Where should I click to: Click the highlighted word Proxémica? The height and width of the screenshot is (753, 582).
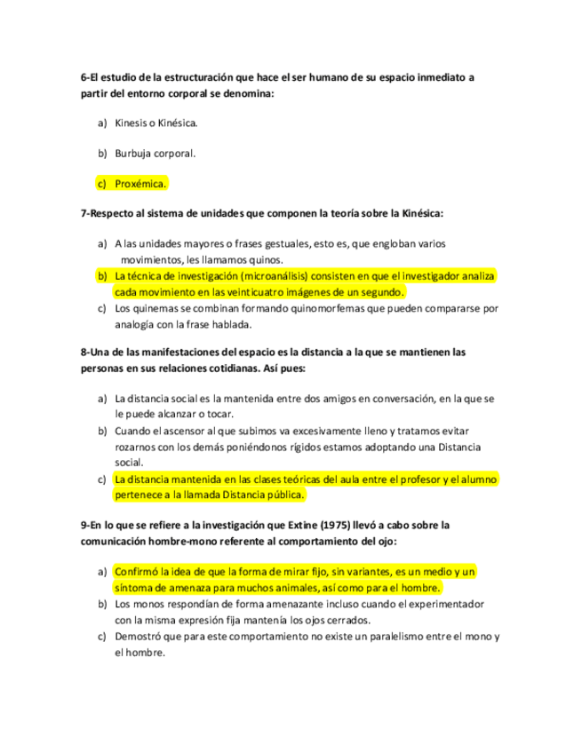(x=140, y=184)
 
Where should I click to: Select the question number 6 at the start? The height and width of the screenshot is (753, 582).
(x=84, y=77)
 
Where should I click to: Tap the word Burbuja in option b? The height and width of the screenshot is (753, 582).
(x=135, y=153)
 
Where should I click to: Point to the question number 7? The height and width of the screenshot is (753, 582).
(x=84, y=213)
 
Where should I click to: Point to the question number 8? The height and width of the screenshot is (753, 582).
(x=84, y=353)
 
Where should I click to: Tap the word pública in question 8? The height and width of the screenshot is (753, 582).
(x=284, y=495)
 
